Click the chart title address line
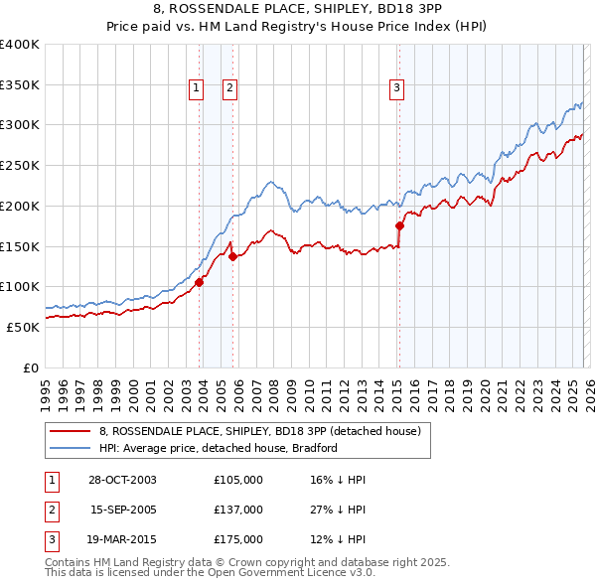click(298, 7)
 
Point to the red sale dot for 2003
click(199, 282)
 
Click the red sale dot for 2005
click(232, 256)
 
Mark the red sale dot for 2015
click(399, 225)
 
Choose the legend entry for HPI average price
click(219, 448)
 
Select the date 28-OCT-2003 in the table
click(122, 480)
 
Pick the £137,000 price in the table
click(238, 510)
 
